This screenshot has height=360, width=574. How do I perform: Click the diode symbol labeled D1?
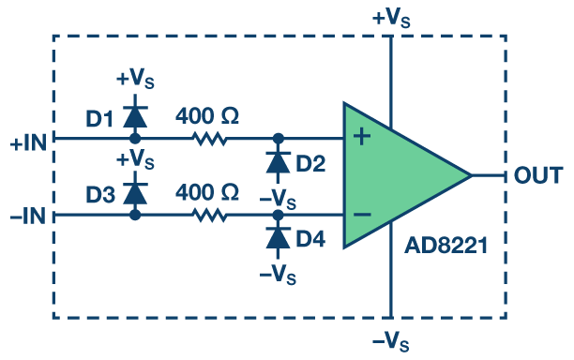click(x=135, y=116)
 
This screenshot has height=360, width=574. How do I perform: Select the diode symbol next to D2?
click(x=279, y=162)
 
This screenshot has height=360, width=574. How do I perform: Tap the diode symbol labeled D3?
click(x=135, y=193)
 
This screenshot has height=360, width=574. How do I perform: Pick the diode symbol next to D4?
click(x=279, y=238)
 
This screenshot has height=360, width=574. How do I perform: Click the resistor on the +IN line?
click(x=210, y=139)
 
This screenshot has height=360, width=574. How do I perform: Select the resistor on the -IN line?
click(x=210, y=215)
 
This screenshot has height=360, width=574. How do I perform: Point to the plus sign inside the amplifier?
click(x=362, y=137)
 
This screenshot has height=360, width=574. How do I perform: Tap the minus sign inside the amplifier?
click(x=362, y=215)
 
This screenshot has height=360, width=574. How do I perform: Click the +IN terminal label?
click(x=28, y=142)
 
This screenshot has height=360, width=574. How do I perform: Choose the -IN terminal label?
click(x=28, y=216)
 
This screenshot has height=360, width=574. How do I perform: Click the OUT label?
click(x=538, y=175)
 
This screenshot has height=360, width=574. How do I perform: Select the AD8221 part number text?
click(x=446, y=246)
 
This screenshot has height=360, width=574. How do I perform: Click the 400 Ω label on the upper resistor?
click(x=207, y=116)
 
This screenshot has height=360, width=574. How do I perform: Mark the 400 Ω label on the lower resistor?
click(x=207, y=192)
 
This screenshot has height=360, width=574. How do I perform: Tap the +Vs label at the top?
click(x=391, y=19)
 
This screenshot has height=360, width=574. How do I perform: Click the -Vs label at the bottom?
click(x=390, y=342)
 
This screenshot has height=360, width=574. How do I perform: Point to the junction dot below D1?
click(x=135, y=139)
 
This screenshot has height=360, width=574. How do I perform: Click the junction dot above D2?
click(x=279, y=139)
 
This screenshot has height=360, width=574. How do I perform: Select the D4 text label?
click(x=310, y=239)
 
